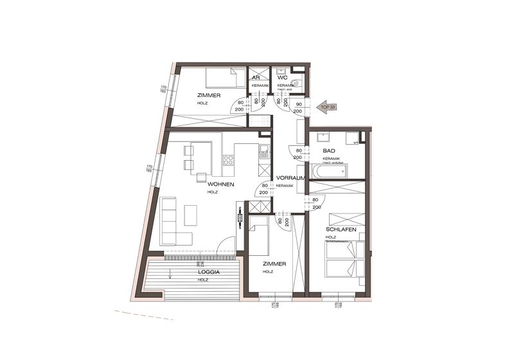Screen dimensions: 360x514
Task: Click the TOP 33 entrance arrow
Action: (x=328, y=108)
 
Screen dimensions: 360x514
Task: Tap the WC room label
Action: (x=282, y=78)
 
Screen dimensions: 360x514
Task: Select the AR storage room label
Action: (x=256, y=78)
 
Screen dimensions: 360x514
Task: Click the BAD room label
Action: (x=330, y=150)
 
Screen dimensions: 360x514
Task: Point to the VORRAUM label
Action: (x=289, y=178)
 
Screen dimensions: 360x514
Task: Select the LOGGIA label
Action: (x=210, y=273)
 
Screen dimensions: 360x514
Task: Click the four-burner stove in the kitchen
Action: (x=228, y=160)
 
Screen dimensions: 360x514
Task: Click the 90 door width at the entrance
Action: (x=299, y=102)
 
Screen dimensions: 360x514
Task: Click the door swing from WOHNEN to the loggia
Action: (x=226, y=246)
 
